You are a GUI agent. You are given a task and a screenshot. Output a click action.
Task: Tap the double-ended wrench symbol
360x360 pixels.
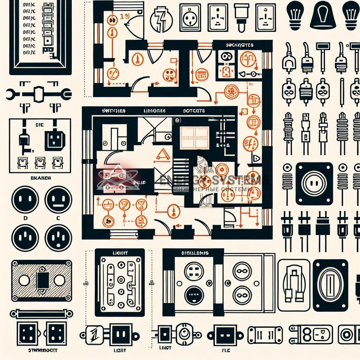[x=39, y=94]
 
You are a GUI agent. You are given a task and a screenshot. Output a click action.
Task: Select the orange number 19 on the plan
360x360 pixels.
[x=123, y=16]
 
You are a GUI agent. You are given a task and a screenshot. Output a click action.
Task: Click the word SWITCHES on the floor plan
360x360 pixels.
[x=113, y=111]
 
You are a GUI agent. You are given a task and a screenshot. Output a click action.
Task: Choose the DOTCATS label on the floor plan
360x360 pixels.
[x=193, y=111]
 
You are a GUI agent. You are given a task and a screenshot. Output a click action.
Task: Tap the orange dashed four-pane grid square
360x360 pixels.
[x=194, y=137]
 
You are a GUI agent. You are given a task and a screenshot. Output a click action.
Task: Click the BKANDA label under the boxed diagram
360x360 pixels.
[x=39, y=178]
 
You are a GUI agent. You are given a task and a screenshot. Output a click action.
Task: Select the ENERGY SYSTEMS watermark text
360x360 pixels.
[x=214, y=180]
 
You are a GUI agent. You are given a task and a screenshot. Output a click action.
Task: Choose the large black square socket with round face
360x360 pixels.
[x=314, y=184]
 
